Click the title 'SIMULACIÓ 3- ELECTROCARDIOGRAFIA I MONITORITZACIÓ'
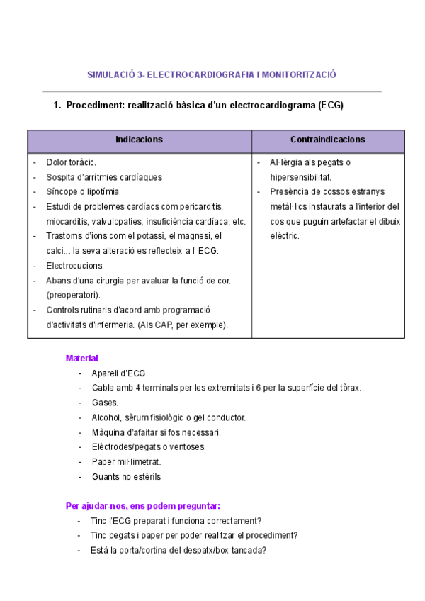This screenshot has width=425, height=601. [211, 74]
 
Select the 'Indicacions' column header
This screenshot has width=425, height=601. [139, 140]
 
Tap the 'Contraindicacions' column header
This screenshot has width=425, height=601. [328, 140]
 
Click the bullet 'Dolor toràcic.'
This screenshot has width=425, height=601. [71, 162]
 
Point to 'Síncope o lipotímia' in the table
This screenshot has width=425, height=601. [82, 191]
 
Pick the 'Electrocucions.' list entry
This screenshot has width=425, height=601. [74, 266]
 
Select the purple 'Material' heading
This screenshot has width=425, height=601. [81, 359]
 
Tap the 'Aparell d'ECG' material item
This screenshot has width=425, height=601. [118, 373]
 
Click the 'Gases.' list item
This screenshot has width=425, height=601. [105, 403]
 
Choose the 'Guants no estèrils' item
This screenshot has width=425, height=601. [126, 476]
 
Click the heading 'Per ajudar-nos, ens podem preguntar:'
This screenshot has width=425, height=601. [142, 506]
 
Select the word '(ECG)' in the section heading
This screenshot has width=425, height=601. [331, 106]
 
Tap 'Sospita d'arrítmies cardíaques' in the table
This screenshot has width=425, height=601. [103, 177]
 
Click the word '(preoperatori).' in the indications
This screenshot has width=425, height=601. [73, 295]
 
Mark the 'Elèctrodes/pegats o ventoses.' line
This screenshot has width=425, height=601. [149, 447]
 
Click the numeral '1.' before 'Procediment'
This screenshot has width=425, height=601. [58, 106]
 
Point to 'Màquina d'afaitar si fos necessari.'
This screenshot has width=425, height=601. [156, 432]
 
